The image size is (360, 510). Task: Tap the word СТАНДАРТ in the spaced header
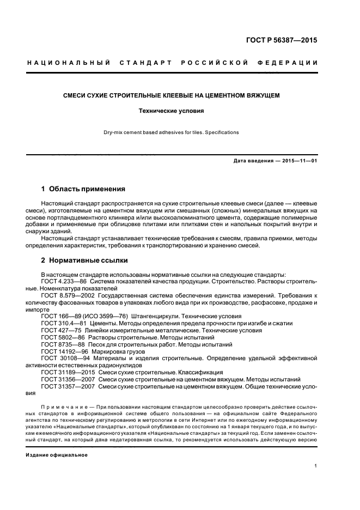148,63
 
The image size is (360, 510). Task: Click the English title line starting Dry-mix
172,132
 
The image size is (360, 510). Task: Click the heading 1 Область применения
83,189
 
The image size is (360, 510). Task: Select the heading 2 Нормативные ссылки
84,260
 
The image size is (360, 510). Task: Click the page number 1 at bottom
316,466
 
